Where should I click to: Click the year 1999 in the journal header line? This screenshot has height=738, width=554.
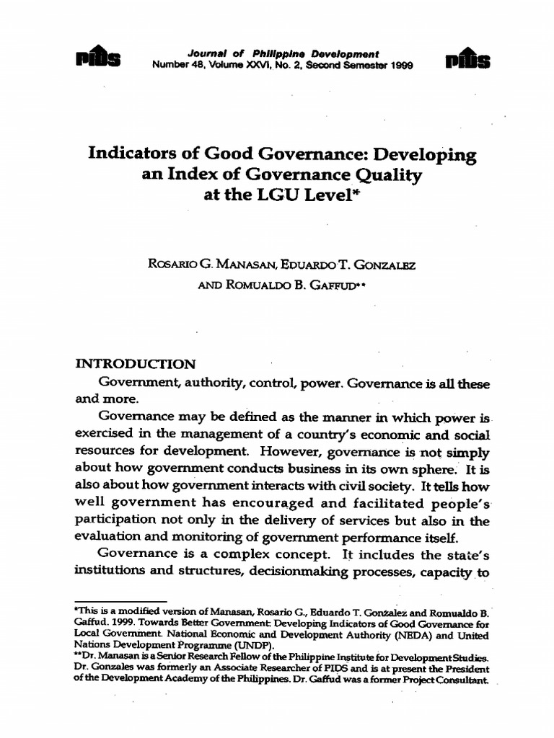(x=402, y=63)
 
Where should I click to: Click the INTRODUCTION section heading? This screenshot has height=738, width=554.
(x=136, y=364)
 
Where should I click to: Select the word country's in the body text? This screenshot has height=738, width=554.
(x=337, y=436)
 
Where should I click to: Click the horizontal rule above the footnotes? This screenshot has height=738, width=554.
(x=121, y=601)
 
